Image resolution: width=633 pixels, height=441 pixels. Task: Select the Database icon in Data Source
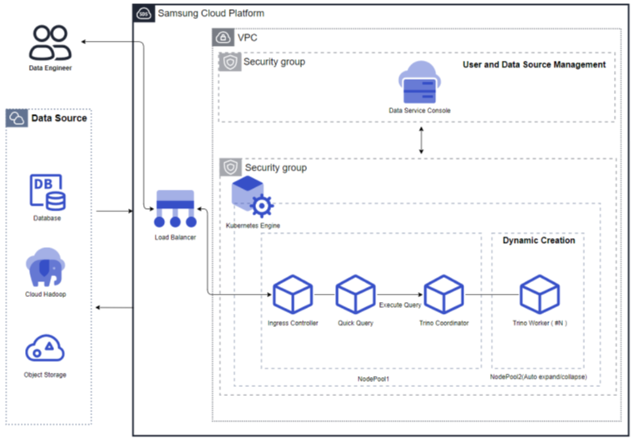pos(47,192)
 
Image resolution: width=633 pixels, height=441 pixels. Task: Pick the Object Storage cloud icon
pos(46,347)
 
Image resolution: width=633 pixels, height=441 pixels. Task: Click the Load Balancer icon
pos(175,209)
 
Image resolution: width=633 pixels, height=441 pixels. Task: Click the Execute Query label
pos(400,305)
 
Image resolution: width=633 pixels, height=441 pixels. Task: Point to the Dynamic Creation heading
pos(538,240)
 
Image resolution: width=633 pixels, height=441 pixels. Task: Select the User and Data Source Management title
pos(534,65)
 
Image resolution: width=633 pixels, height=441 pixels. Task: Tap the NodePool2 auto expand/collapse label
pos(538,378)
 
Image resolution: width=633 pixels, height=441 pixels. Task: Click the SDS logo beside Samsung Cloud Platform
pos(144,14)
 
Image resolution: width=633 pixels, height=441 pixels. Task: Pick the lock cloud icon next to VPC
pos(223,37)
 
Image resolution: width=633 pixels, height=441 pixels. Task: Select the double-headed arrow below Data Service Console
pos(422,140)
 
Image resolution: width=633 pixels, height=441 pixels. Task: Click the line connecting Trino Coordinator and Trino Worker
pos(491,295)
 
